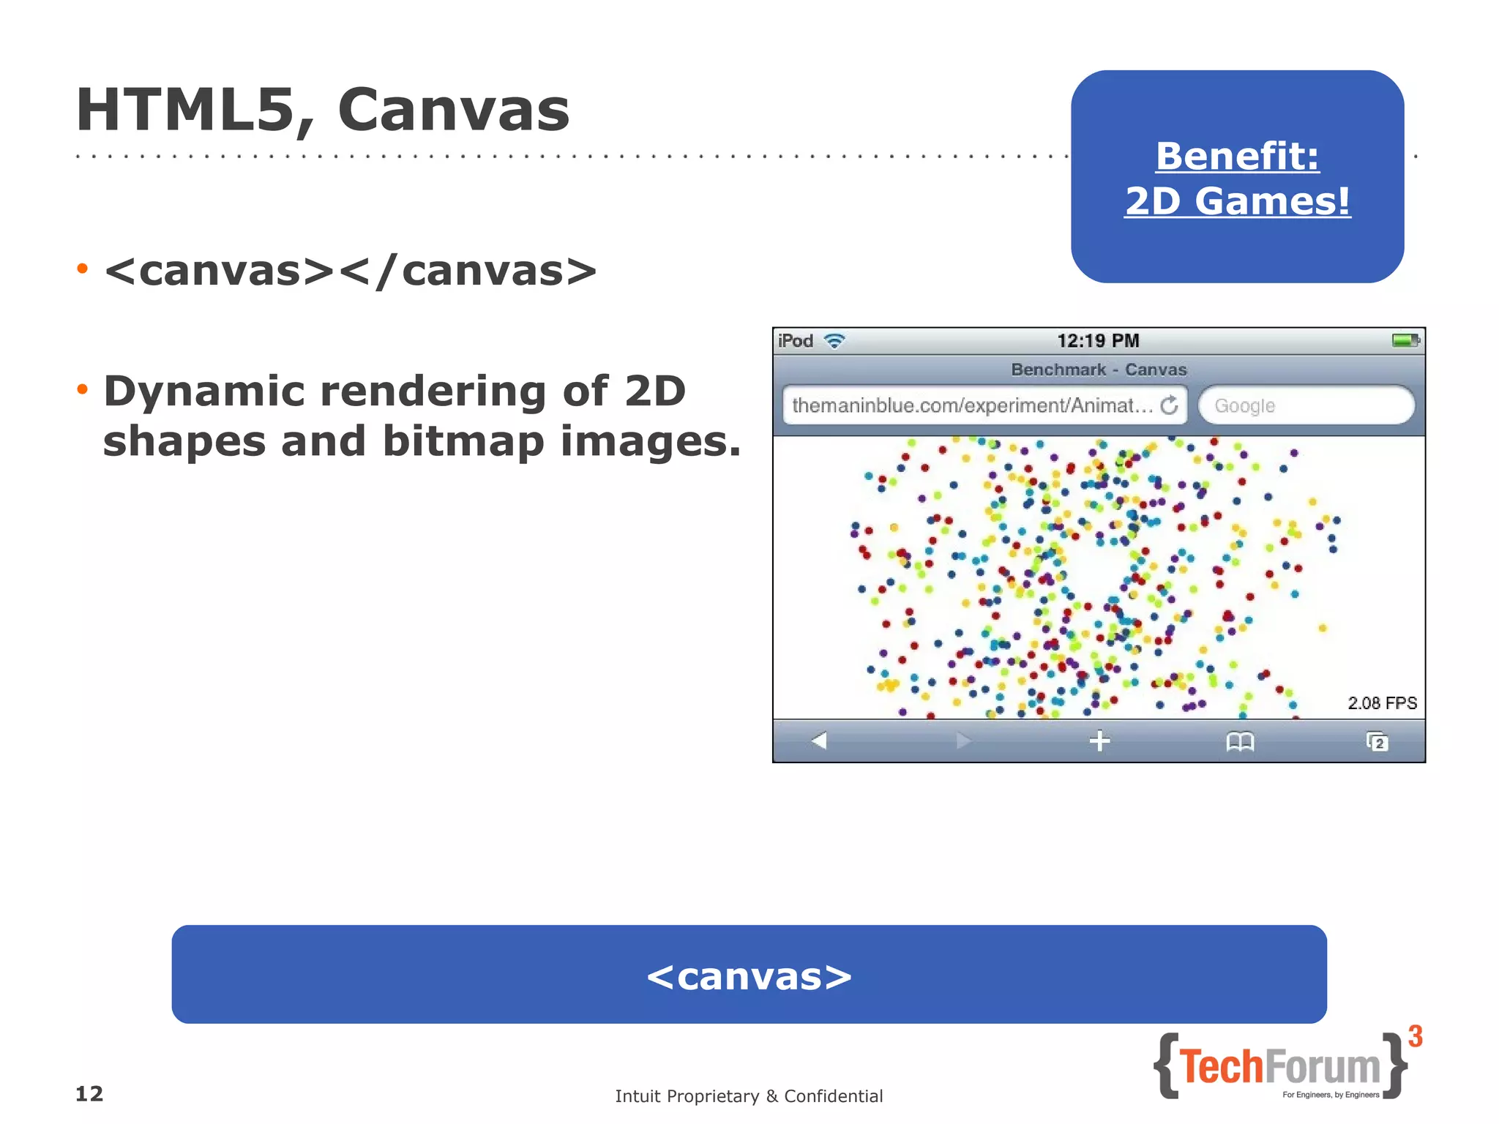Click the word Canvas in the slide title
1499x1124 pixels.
coord(453,110)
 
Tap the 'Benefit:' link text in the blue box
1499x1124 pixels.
coord(1237,156)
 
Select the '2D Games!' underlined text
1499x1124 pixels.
coord(1237,201)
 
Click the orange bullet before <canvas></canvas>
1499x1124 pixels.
coord(82,269)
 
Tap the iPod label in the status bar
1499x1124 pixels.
coord(796,341)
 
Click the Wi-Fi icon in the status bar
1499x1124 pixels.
coord(834,341)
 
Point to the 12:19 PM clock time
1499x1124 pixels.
coord(1098,341)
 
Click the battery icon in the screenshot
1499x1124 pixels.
coord(1405,340)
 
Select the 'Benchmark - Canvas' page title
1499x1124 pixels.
coord(1099,370)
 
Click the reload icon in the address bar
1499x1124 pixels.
coord(1170,405)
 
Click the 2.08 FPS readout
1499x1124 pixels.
coord(1382,703)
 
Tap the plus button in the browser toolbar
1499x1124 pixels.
coord(1099,741)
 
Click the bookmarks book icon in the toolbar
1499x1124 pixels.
coord(1240,742)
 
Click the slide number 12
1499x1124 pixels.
coord(89,1094)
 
